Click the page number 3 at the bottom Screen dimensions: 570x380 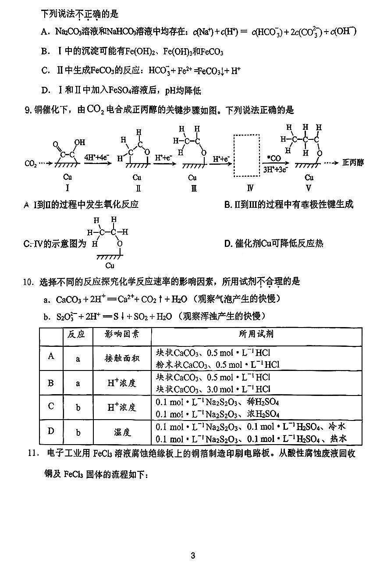(x=193, y=556)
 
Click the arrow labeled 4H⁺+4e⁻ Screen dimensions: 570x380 (x=95, y=164)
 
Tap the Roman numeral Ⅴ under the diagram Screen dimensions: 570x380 (x=309, y=188)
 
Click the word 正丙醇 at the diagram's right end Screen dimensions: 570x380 (x=353, y=163)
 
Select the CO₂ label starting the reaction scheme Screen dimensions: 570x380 (x=31, y=164)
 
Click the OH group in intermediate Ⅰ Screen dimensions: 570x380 (x=80, y=143)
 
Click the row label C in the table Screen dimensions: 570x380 (x=51, y=406)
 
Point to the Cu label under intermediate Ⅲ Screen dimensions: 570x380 (x=192, y=178)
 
